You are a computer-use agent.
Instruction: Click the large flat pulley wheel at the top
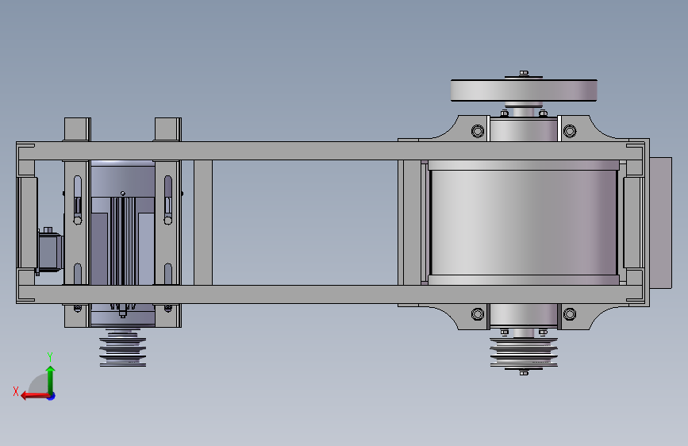click(524, 90)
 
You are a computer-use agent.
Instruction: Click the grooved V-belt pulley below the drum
click(524, 352)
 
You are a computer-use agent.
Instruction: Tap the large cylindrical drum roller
click(524, 222)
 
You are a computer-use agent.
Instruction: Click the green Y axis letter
click(50, 356)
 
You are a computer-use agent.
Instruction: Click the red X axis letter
click(16, 391)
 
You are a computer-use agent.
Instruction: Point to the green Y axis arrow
click(51, 380)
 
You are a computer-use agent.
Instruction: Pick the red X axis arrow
click(36, 396)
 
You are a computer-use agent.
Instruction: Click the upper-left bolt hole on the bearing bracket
click(478, 131)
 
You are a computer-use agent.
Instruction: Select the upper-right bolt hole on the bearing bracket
click(570, 131)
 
